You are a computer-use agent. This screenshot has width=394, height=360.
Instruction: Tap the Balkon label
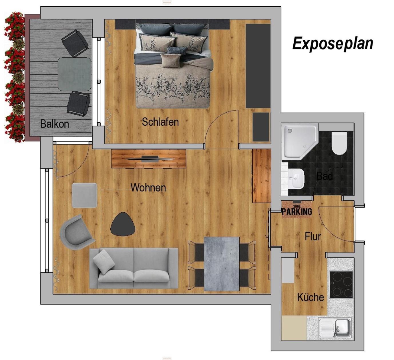[x=55, y=124]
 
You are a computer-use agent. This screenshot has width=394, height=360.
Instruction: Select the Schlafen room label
[x=160, y=122]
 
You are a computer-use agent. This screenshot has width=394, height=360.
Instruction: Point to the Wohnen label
[x=148, y=187]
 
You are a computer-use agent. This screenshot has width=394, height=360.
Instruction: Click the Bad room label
[x=325, y=176]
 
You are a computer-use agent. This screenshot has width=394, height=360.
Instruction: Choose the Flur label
[x=313, y=236]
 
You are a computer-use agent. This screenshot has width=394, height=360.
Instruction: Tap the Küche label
[x=311, y=297]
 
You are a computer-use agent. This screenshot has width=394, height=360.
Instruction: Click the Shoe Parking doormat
[x=297, y=210]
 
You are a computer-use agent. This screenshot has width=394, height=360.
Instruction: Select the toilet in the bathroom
[x=339, y=143]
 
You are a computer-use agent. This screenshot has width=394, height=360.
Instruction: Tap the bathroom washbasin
[x=297, y=179]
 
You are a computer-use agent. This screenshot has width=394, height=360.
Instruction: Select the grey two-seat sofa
[x=134, y=268]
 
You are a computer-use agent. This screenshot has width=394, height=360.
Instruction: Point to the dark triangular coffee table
[x=123, y=224]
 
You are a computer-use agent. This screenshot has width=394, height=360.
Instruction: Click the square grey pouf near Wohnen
[x=84, y=195]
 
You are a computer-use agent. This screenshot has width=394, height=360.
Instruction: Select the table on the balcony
[x=74, y=74]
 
